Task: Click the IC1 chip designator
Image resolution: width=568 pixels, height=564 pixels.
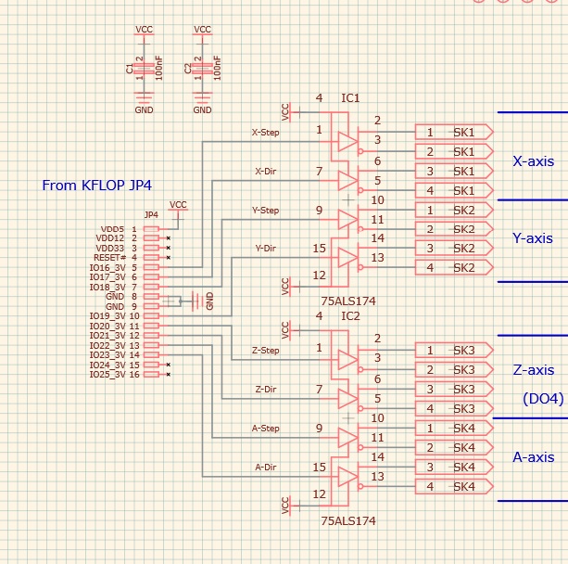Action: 350,97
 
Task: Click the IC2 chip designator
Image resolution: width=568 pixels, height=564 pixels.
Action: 350,316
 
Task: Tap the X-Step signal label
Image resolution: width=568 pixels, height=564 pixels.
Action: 266,132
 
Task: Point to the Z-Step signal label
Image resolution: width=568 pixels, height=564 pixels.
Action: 265,351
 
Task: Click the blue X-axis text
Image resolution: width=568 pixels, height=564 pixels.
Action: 533,161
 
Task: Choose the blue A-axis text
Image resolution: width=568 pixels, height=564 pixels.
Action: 533,457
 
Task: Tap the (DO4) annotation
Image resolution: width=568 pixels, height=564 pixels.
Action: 543,399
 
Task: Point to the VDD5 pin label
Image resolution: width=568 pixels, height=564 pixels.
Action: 114,228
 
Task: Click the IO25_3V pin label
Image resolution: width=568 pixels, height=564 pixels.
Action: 107,374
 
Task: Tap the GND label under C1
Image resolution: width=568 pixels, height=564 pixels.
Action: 145,109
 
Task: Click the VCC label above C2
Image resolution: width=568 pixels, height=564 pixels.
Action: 202,30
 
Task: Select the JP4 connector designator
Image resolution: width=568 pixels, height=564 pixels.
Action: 152,215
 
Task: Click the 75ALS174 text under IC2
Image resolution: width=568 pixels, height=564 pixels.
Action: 348,521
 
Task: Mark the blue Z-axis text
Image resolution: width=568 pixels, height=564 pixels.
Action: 533,370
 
